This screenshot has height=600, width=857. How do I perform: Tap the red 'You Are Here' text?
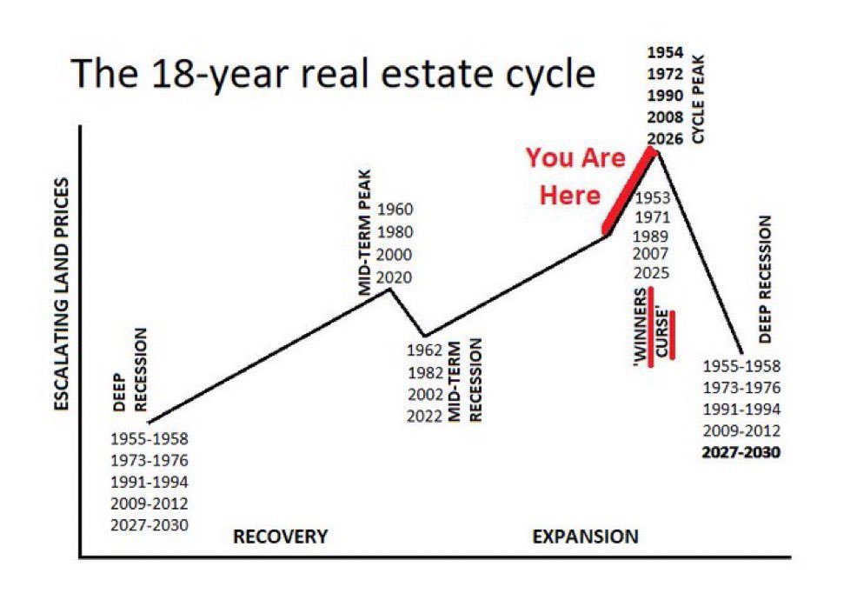pos(575,177)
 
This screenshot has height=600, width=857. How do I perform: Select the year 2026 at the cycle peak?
pos(664,137)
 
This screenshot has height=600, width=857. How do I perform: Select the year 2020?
pos(395,277)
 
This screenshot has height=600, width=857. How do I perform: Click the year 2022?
pos(424,416)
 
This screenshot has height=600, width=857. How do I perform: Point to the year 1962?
pos(424,351)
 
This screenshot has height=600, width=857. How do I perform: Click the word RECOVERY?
pos(280,537)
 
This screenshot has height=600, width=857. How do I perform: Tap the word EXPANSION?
pos(585,537)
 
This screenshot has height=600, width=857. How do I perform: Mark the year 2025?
pos(652,273)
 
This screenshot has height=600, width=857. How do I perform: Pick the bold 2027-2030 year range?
pos(741,452)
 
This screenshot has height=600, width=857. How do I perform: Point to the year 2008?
pos(664,117)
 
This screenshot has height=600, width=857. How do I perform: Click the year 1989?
pos(652,235)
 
